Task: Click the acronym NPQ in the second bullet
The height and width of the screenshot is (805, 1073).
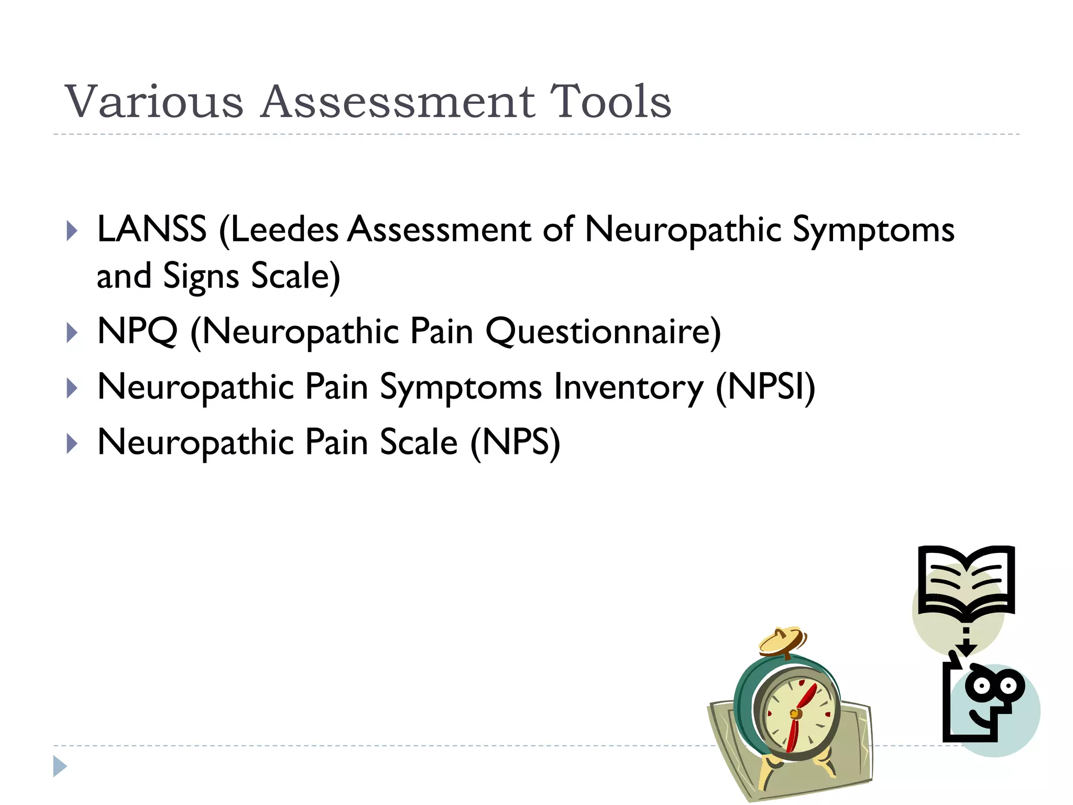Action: (137, 332)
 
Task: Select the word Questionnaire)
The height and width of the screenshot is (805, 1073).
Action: (603, 332)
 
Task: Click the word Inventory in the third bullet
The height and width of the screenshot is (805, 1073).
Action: (629, 388)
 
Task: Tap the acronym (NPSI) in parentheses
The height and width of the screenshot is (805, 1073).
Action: (765, 388)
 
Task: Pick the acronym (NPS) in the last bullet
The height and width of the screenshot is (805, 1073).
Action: (515, 443)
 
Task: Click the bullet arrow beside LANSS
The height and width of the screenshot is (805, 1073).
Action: (72, 231)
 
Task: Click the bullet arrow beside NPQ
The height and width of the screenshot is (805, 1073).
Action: (72, 333)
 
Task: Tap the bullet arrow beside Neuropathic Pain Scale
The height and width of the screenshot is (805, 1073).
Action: (72, 444)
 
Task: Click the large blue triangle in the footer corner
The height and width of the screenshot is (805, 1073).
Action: (60, 766)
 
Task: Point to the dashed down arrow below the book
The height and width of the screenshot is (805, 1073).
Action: (967, 641)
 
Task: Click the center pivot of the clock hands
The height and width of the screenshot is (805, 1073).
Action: (796, 713)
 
